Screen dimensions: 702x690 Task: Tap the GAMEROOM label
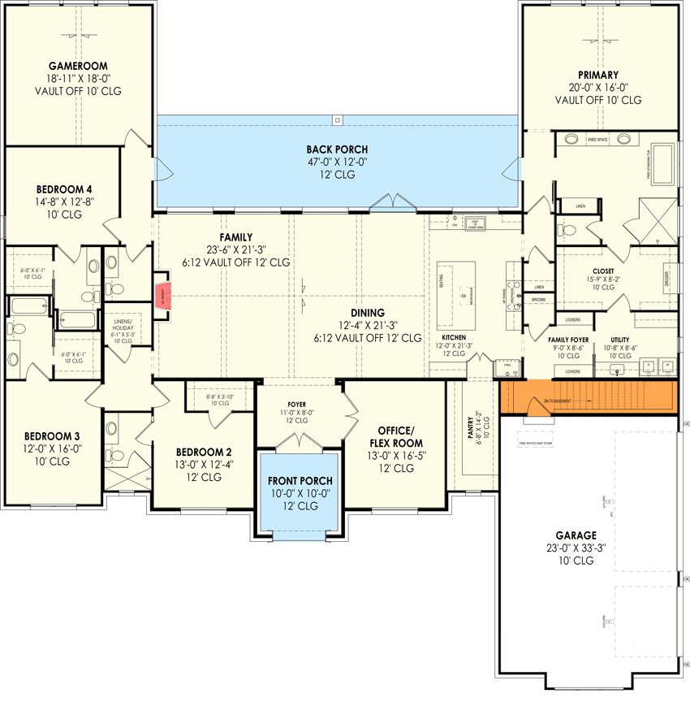pyautogui.click(x=78, y=66)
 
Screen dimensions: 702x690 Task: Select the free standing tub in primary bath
pyautogui.click(x=663, y=165)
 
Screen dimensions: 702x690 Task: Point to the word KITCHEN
pyautogui.click(x=453, y=336)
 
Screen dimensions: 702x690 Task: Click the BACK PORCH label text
pyautogui.click(x=337, y=149)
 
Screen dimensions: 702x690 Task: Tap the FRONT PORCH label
pyautogui.click(x=300, y=481)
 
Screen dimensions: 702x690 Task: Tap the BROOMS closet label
pyautogui.click(x=539, y=299)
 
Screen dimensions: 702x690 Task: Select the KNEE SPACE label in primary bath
pyautogui.click(x=597, y=140)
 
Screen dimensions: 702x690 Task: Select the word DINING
pyautogui.click(x=368, y=312)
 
